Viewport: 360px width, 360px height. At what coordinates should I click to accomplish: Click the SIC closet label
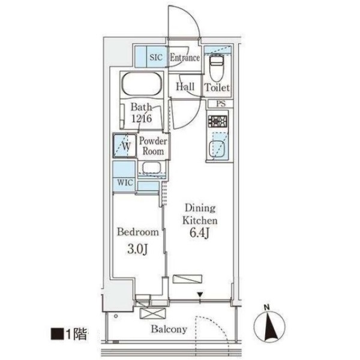pos(156,57)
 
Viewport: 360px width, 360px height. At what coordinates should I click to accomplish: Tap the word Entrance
pos(185,58)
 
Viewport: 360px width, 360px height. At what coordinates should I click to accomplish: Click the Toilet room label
pos(217,88)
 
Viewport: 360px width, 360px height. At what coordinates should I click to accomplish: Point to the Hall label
pos(185,87)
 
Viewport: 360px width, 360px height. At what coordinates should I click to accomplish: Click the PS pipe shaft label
pos(221,104)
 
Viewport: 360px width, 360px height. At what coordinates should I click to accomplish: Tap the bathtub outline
pos(142,84)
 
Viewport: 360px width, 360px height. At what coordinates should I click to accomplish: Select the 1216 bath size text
pos(142,118)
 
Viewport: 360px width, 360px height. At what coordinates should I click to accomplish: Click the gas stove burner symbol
pos(217,121)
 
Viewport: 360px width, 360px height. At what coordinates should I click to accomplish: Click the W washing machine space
pos(125,146)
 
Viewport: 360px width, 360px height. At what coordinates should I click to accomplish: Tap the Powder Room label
pos(153,146)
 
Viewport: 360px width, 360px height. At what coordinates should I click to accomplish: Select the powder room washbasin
pos(152,167)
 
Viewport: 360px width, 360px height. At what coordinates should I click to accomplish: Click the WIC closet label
pos(125,183)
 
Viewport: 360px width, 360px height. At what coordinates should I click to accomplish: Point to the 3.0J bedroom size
pos(137,250)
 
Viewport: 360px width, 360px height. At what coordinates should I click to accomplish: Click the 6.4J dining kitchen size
pos(199,233)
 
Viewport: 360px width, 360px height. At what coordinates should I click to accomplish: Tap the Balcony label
pos(169,329)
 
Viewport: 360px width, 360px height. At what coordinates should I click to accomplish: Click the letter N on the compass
pos(266,307)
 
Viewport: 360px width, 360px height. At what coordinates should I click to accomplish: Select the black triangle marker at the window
pos(200,295)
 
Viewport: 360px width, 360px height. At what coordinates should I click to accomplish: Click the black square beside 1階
pos(57,334)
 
